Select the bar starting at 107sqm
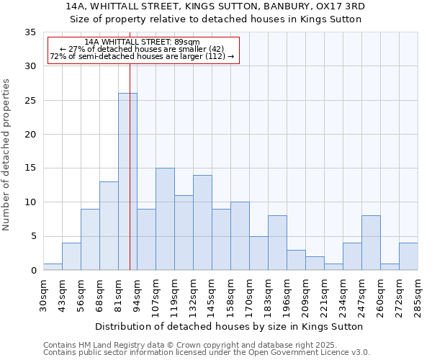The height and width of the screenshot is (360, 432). click(x=165, y=219)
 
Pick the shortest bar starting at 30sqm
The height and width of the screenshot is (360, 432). click(x=53, y=266)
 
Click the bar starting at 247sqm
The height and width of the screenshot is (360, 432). click(x=371, y=243)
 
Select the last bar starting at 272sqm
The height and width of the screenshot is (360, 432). click(x=408, y=256)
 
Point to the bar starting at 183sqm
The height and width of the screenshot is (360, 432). click(x=277, y=243)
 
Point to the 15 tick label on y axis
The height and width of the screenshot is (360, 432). click(x=30, y=168)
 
